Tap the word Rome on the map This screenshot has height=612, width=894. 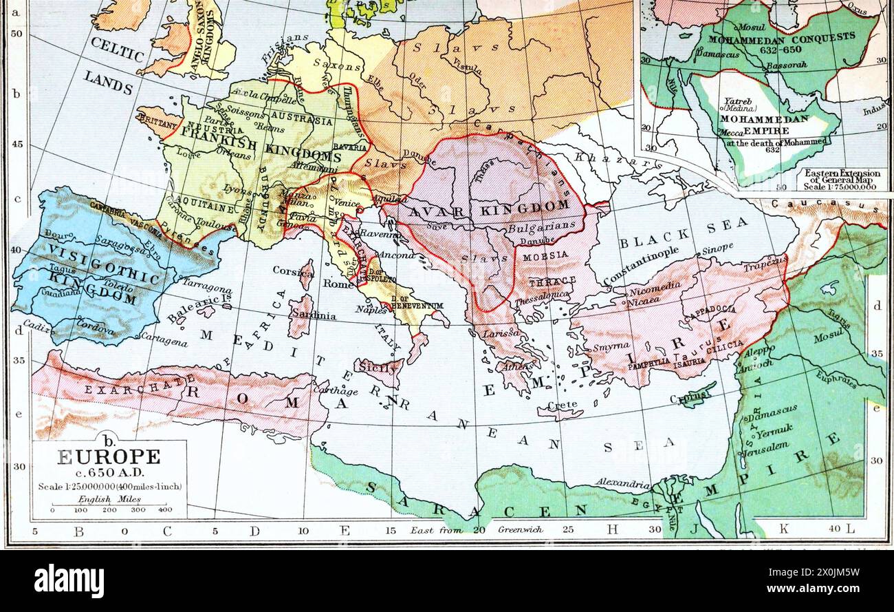click(x=339, y=283)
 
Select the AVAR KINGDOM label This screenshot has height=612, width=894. click(x=488, y=209)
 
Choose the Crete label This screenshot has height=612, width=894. click(x=562, y=406)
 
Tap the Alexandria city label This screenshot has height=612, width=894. click(x=623, y=483)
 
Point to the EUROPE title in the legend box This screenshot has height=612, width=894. click(x=109, y=456)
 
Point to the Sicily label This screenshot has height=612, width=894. click(x=378, y=367)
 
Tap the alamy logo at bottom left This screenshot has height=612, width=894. click(x=69, y=580)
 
